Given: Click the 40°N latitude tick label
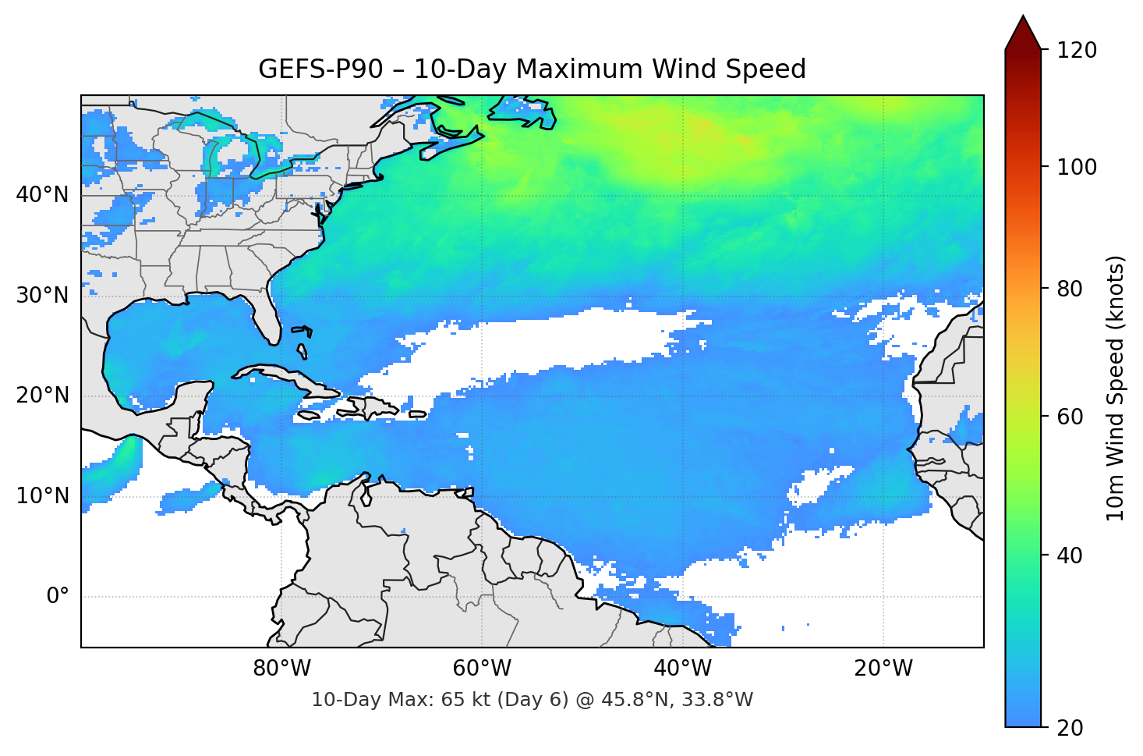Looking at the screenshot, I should (42, 195).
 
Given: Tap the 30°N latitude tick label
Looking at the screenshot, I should (42, 296).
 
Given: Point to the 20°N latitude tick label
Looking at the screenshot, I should (42, 396).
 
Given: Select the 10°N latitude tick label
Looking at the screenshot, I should (42, 496).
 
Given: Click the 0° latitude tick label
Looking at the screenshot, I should (58, 597).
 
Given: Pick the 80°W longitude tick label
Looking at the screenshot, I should (282, 669).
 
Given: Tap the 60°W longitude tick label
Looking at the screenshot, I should (483, 669).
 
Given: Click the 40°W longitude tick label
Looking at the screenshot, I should (683, 669).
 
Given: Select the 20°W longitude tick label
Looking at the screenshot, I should (883, 669).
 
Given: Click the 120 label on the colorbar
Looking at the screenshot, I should (1077, 51).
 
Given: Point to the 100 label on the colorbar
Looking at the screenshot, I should (1077, 167).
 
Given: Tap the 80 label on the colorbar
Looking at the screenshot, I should (1070, 289).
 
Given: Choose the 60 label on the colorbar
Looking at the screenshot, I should (1070, 417).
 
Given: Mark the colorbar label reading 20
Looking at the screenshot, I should (1070, 728).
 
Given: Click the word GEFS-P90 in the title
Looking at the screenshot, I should (320, 69).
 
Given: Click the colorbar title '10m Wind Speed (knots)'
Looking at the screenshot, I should (1116, 388).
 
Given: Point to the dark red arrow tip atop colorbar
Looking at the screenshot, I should (1023, 31).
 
